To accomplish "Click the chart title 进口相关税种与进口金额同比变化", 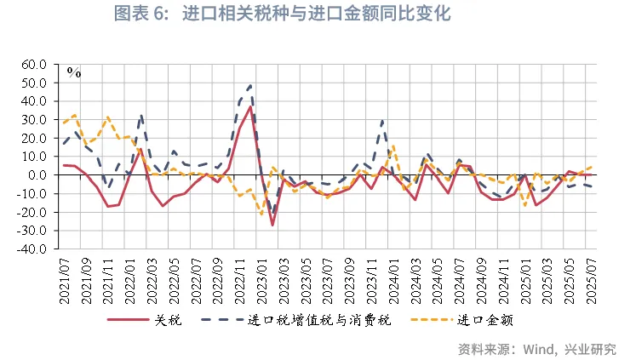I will click(x=316, y=14).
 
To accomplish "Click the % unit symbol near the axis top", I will click(x=74, y=73).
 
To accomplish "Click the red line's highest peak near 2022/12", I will click(x=250, y=106).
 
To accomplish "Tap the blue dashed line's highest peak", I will click(x=250, y=84).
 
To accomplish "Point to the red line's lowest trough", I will click(x=272, y=225).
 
